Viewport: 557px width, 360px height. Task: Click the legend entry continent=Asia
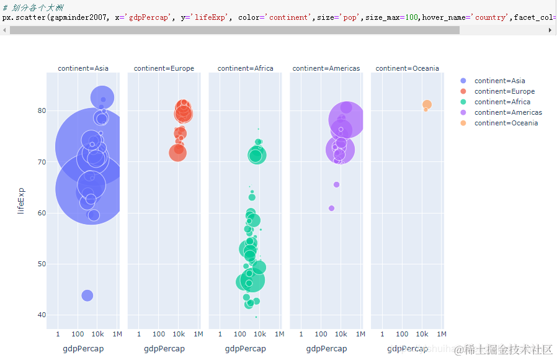[x=499, y=81]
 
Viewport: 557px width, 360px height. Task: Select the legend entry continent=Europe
[x=504, y=91]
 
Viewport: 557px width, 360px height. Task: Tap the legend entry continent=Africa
[x=502, y=102]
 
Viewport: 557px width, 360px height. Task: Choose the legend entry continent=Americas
[x=508, y=112]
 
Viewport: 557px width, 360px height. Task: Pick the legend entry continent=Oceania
[x=506, y=123]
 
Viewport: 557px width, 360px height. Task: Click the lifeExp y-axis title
[x=21, y=200]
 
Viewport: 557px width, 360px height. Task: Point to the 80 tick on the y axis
[x=42, y=110]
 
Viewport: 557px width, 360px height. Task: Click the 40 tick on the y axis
[x=42, y=315]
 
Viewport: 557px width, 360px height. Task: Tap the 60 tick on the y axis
[x=42, y=213]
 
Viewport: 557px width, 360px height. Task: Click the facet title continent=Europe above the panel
[x=164, y=68]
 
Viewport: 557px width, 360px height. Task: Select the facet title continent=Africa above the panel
[x=245, y=68]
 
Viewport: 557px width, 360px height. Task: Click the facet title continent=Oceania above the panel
[x=407, y=68]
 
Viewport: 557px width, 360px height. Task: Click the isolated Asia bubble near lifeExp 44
[x=87, y=295]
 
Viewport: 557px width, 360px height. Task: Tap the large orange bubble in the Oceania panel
[x=427, y=104]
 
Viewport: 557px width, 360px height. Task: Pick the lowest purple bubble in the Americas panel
[x=331, y=208]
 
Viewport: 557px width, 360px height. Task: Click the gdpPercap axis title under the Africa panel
[x=245, y=349]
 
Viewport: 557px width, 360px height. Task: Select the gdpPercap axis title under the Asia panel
[x=83, y=349]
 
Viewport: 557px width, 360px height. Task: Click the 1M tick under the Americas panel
[x=360, y=335]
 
